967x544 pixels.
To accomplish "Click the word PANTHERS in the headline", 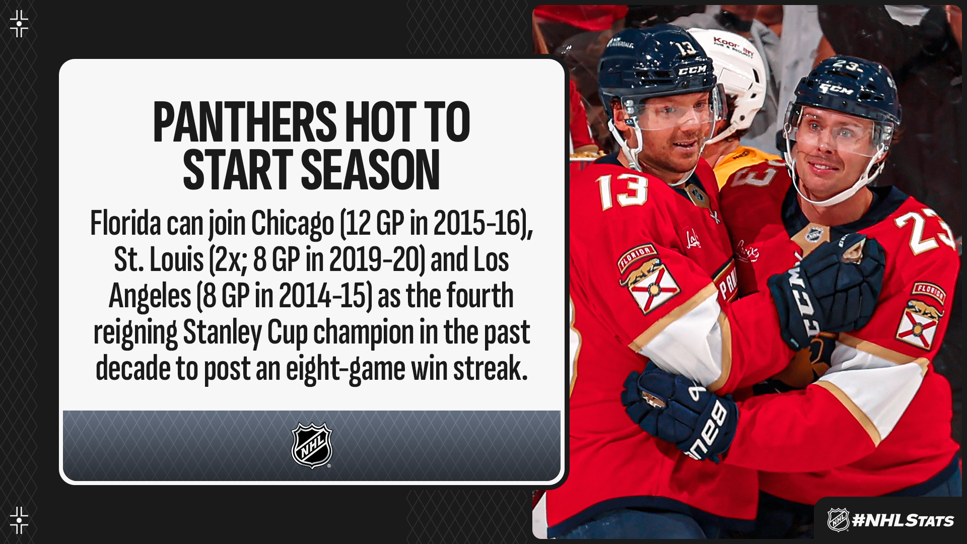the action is click(245, 122).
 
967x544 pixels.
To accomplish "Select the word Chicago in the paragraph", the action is click(293, 224).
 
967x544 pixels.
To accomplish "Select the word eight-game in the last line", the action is click(346, 370).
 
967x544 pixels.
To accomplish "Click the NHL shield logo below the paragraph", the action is click(312, 445).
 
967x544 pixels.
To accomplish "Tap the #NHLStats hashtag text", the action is click(903, 520).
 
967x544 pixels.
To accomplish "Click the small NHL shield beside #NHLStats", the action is click(838, 520).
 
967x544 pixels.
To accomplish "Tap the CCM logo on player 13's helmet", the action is click(692, 70).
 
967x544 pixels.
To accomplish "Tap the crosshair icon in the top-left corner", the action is click(19, 24).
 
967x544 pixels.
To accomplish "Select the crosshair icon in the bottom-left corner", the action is click(19, 520).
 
